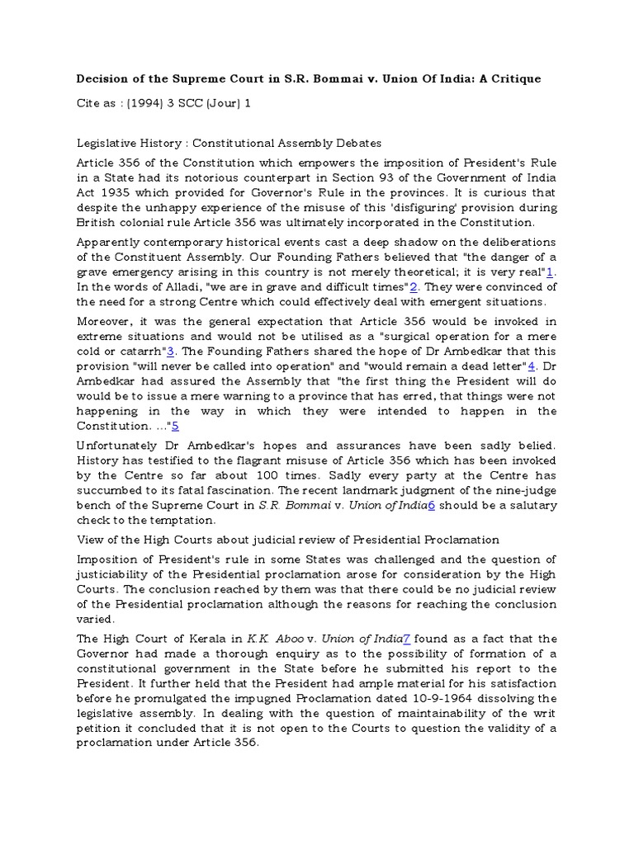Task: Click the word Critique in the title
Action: pos(514,78)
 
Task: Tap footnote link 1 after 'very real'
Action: pos(551,271)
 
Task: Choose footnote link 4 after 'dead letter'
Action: pos(532,366)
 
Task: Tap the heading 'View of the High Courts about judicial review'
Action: pos(288,540)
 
